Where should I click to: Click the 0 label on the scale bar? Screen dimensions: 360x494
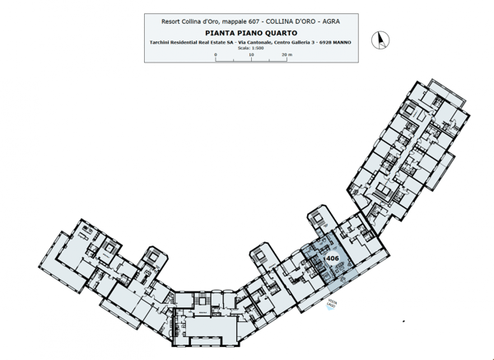pos(216,54)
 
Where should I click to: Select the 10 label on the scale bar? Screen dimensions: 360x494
pos(250,54)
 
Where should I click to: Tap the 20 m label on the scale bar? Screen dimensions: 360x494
pos(286,54)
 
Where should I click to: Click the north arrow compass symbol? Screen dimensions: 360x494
pos(380,38)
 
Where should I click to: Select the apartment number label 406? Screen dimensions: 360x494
pos(333,259)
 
